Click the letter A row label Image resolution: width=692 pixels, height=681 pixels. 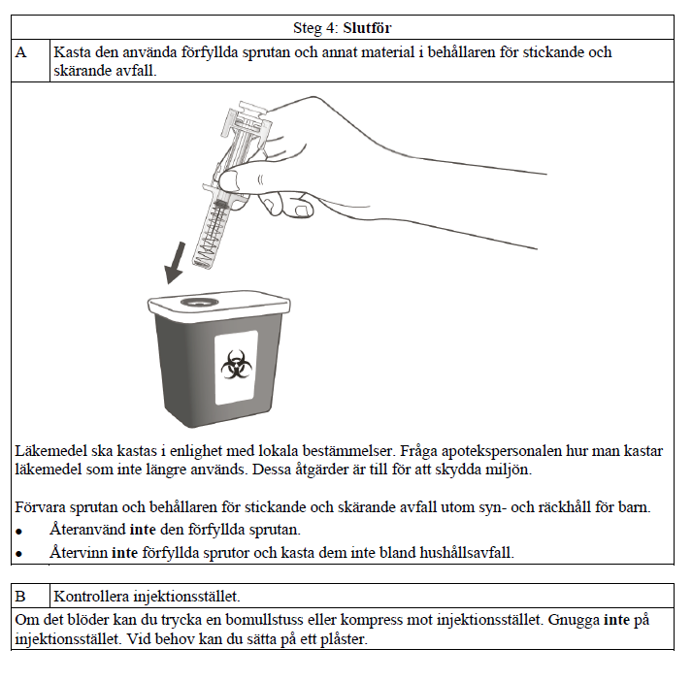point(22,52)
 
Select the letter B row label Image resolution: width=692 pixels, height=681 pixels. point(21,596)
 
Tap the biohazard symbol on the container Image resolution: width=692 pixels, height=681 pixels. point(234,367)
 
